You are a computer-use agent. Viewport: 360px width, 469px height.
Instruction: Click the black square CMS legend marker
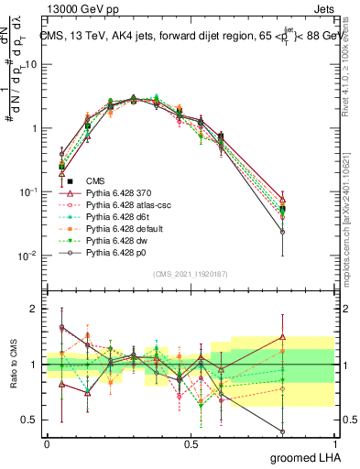click(70, 181)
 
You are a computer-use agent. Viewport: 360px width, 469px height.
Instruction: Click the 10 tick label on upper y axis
click(32, 65)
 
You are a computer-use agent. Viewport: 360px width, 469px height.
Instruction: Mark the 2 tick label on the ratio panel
click(37, 309)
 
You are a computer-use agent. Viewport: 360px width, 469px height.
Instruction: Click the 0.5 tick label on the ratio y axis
click(32, 420)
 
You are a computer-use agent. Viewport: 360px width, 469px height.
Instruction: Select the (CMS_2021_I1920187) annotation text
click(190, 273)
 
